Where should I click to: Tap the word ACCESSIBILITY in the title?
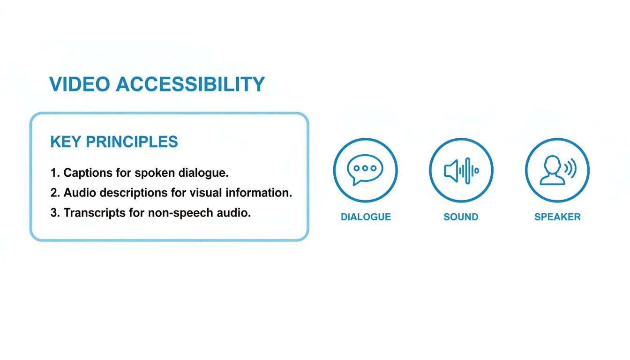tap(190, 84)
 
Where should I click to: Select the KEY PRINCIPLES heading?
tap(114, 142)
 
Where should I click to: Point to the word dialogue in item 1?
tap(203, 172)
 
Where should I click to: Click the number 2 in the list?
tap(53, 193)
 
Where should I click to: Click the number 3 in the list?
tap(53, 213)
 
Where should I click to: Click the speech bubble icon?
tap(365, 169)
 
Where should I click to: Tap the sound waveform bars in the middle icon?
tap(469, 170)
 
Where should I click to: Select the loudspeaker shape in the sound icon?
tap(450, 170)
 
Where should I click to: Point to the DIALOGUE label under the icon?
tap(366, 217)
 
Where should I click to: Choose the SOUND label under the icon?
tap(461, 217)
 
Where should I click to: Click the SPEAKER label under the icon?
tap(557, 217)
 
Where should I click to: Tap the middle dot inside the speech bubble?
tap(365, 167)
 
